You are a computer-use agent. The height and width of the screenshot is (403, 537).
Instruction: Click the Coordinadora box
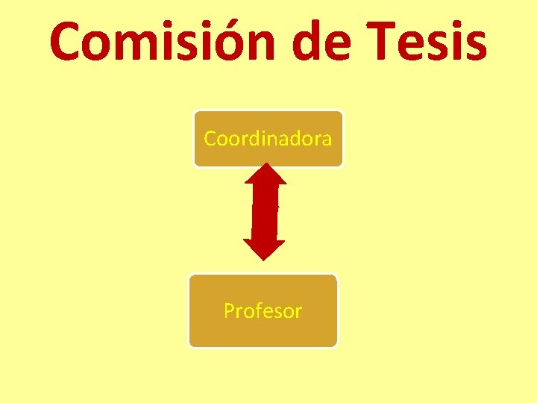coord(268,139)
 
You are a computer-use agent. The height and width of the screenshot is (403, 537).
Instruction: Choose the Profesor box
coord(263,310)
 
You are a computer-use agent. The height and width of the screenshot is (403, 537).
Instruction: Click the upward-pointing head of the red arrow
coord(265,175)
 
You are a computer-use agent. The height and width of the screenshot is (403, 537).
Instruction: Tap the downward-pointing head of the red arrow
coord(265,249)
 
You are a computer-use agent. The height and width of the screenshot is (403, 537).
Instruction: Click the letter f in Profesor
coord(257,310)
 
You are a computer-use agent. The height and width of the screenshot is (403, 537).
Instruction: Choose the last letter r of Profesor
coord(298,313)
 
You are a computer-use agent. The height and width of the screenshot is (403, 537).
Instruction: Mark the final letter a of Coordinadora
coord(326,140)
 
